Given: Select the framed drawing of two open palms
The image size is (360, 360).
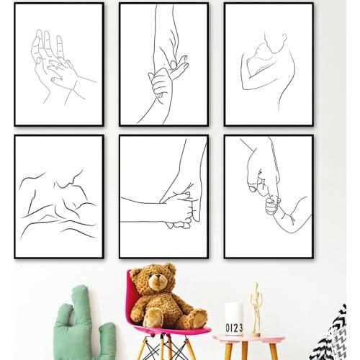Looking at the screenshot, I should (x=59, y=64).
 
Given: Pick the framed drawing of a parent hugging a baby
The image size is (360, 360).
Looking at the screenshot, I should (x=269, y=64).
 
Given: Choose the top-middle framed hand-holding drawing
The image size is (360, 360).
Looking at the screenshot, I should (x=163, y=64).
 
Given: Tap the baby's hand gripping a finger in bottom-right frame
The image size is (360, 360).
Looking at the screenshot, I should (x=271, y=205).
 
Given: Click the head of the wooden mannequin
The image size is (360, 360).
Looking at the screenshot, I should (x=256, y=287).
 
